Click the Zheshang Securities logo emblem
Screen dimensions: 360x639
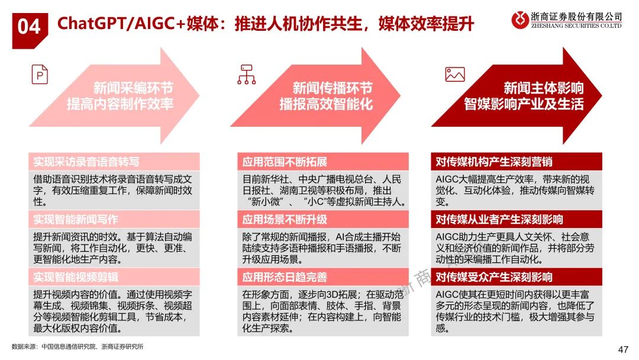520,20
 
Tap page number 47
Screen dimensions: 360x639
622,349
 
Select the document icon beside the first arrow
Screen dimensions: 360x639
40,75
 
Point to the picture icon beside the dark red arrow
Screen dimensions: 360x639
454,75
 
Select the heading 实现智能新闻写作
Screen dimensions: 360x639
76,219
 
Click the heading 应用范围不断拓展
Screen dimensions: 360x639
285,162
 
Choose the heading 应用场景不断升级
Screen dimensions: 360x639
285,219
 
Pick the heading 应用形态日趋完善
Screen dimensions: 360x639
285,277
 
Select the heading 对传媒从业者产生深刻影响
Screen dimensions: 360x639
499,219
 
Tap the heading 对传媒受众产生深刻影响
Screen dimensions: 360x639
494,277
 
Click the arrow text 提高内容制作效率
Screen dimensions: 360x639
120,104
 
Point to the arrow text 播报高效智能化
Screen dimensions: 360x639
326,104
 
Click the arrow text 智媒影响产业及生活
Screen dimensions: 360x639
524,104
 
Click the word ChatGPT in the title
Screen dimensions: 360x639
88,24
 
